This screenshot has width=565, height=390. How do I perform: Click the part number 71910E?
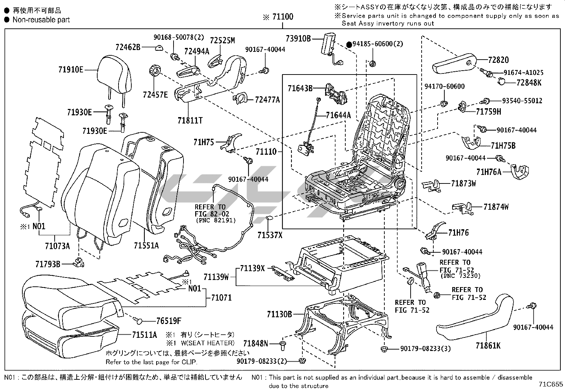click(71, 70)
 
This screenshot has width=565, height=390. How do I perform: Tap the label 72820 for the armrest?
click(498, 60)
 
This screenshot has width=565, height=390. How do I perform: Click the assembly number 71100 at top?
click(282, 17)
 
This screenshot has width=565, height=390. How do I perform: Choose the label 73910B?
click(298, 39)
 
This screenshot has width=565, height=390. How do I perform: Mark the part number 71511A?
click(144, 335)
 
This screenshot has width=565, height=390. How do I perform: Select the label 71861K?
click(488, 345)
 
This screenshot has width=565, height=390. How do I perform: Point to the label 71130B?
click(279, 314)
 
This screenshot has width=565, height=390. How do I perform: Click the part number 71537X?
click(270, 235)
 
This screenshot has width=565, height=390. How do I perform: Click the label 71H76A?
click(489, 172)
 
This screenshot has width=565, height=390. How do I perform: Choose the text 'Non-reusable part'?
click(41, 20)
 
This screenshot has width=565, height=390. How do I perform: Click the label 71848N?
click(256, 343)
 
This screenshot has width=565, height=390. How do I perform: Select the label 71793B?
click(48, 264)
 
